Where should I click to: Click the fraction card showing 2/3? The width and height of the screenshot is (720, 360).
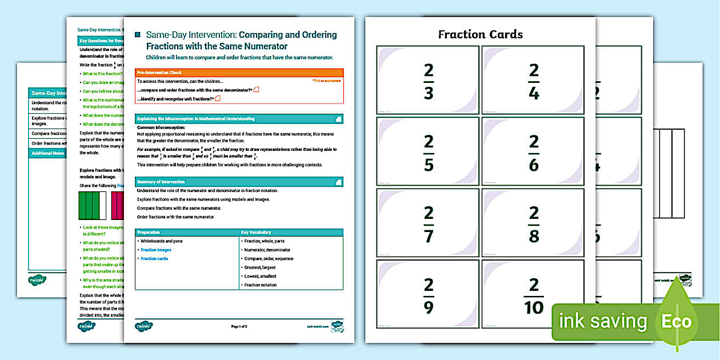(x=428, y=80)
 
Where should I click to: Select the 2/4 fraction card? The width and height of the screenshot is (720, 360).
(x=534, y=80)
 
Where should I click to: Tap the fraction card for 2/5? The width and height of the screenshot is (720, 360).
(x=428, y=151)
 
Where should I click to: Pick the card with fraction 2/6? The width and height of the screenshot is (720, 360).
(x=534, y=151)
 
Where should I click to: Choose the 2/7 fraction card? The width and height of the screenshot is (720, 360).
(x=428, y=223)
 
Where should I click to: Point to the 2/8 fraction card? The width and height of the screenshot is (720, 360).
(x=534, y=223)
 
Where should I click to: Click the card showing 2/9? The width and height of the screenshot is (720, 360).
(x=428, y=294)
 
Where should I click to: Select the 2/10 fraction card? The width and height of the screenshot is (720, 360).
(x=534, y=294)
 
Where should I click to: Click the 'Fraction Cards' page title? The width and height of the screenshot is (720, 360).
(x=480, y=34)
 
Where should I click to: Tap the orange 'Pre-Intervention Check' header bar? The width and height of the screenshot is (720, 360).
(x=239, y=73)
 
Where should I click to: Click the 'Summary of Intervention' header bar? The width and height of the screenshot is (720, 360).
(x=239, y=182)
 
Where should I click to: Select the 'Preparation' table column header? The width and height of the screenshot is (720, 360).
(x=187, y=233)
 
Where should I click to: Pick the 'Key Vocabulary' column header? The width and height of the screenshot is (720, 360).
(x=291, y=233)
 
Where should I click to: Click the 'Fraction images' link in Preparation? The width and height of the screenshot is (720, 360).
(x=156, y=250)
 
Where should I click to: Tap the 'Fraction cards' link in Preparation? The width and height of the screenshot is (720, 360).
(x=154, y=259)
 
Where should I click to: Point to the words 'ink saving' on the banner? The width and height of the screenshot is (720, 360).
(x=602, y=321)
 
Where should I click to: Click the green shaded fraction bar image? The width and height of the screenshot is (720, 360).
(x=92, y=206)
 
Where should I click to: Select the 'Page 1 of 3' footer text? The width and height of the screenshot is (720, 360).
(x=239, y=326)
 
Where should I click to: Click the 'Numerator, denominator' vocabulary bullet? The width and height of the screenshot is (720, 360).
(x=268, y=250)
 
